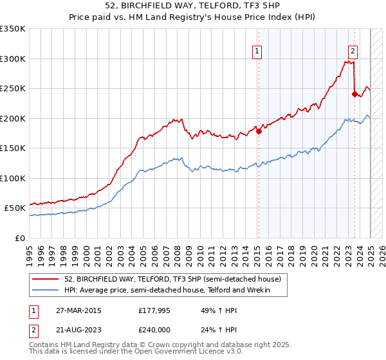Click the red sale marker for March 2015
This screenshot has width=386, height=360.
tap(259, 132)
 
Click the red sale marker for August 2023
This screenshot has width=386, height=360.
tap(354, 94)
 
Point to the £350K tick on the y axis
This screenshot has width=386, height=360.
tap(13, 29)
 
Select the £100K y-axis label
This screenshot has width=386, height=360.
tap(13, 178)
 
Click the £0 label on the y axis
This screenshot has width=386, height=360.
tap(19, 238)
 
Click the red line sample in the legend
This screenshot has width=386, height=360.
tap(46, 280)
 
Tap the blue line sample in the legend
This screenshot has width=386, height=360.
tap(46, 291)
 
